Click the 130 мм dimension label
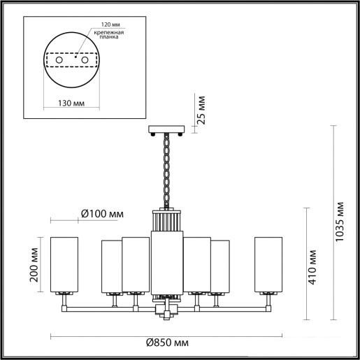(71, 103)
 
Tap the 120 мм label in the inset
(110, 24)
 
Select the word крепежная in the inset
(109, 33)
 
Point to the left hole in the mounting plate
(59, 60)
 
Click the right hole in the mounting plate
(85, 60)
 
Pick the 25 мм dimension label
(201, 110)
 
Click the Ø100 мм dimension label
(102, 214)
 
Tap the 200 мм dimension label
(34, 265)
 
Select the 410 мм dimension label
(312, 267)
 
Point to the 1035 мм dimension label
(339, 222)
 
